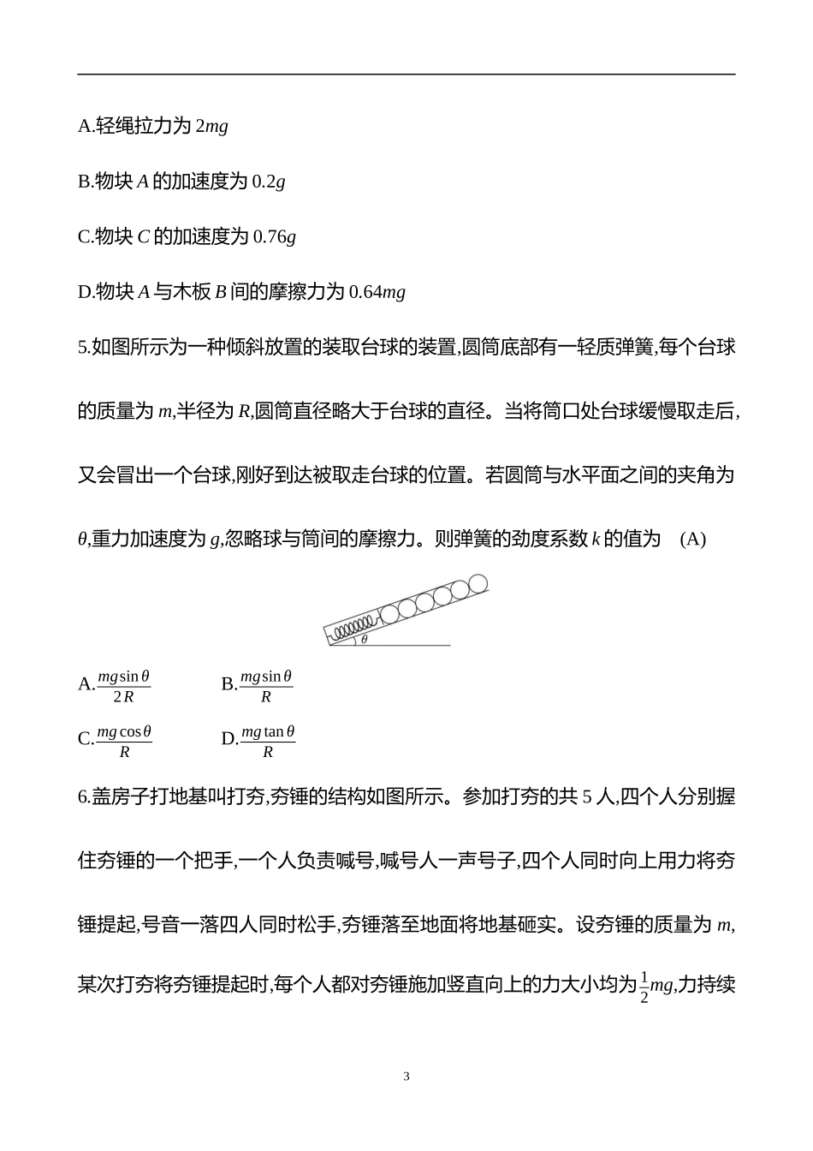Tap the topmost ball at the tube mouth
(x=478, y=583)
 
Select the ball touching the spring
(x=389, y=613)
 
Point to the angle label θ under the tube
(x=364, y=640)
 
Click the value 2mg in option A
(x=211, y=127)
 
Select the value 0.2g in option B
(x=269, y=182)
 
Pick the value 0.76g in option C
(x=275, y=237)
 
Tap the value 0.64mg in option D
(x=377, y=292)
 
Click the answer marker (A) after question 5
(x=692, y=540)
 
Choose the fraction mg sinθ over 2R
(x=124, y=686)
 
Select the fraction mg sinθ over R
(x=266, y=686)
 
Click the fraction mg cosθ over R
(x=124, y=742)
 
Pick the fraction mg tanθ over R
(x=268, y=742)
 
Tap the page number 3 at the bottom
(x=406, y=1076)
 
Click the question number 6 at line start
(x=82, y=797)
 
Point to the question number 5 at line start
(x=82, y=348)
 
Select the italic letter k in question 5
(x=596, y=540)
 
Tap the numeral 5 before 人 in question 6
(x=587, y=797)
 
